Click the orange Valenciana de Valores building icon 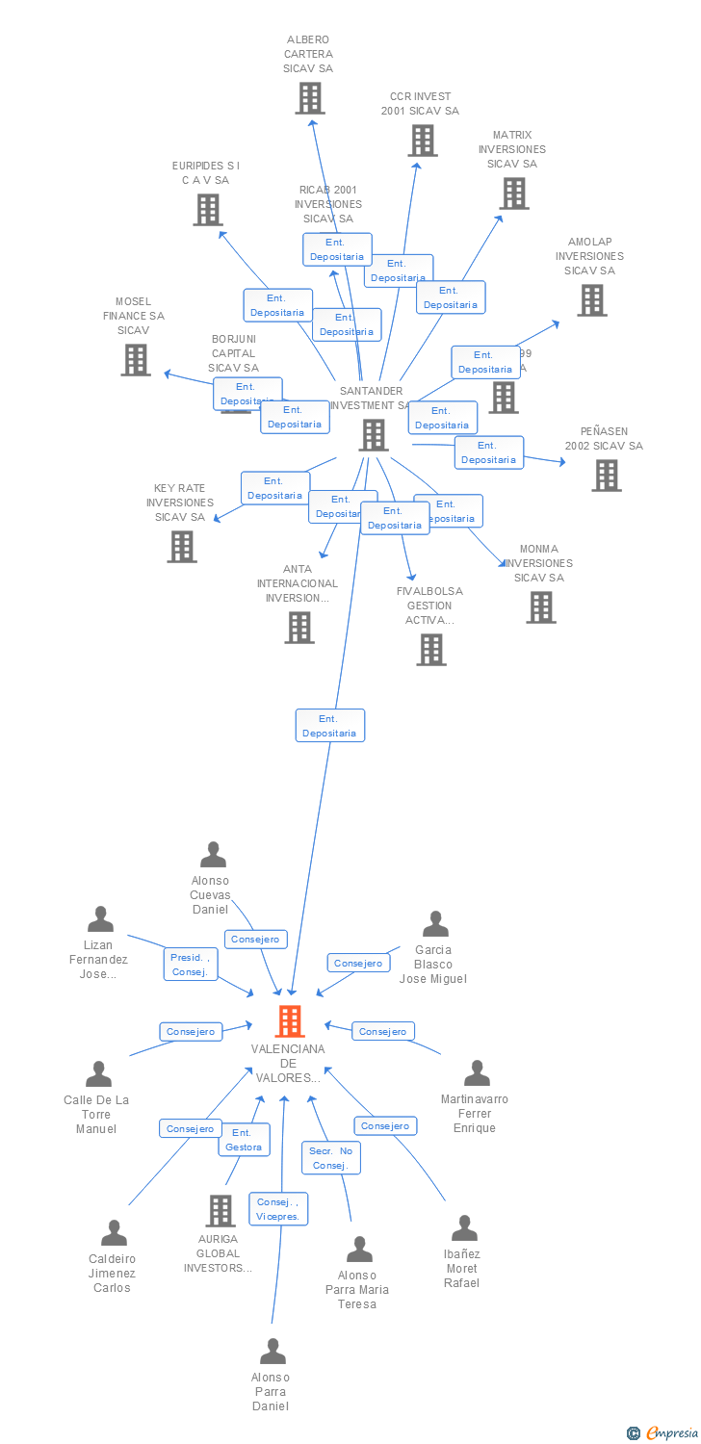(290, 1021)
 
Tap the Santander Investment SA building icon (373, 435)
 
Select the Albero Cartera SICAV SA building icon (309, 98)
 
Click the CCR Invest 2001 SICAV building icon (422, 141)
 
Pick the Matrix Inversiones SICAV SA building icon (513, 193)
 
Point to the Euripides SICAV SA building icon (207, 210)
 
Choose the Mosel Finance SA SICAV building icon (136, 359)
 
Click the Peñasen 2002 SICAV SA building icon (606, 475)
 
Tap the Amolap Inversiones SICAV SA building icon (591, 300)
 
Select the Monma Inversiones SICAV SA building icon (540, 607)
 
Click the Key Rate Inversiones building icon (181, 547)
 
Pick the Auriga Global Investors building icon (221, 1211)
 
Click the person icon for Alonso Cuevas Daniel (212, 855)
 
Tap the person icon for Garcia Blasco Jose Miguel (435, 924)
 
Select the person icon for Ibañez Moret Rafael (464, 1228)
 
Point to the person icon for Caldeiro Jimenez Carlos (114, 1233)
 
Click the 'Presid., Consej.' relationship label (191, 964)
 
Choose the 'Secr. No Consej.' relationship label (332, 1158)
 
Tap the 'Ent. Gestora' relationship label (244, 1140)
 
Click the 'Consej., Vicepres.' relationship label (279, 1209)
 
